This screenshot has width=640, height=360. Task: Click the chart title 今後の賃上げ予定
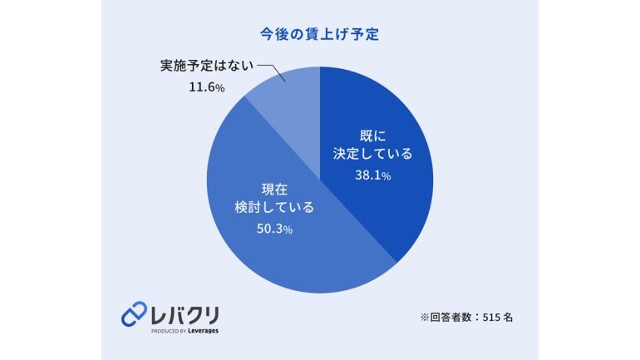coord(320,34)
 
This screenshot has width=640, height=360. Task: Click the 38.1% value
coord(372,175)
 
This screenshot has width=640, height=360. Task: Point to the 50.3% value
coord(274,229)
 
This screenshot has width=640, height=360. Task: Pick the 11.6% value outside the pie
coord(206,87)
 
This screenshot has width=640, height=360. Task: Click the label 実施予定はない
coord(206,66)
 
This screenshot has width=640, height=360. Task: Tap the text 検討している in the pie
coord(274,207)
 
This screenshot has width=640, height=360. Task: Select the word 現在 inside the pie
coord(274,190)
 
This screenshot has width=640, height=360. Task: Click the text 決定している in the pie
coord(372,154)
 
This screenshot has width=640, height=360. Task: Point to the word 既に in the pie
coord(372,136)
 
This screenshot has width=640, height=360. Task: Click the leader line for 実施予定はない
coord(272,72)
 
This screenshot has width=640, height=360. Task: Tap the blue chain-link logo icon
coord(134,314)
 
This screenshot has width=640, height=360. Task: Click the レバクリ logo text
coord(185,315)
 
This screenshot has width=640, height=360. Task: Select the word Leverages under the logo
coord(204,331)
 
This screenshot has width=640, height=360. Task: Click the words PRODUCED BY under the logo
coord(169,331)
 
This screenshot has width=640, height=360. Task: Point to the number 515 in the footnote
coord(490,317)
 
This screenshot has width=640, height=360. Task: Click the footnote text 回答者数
coord(451,317)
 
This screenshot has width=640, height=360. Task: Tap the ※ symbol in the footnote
coord(425,317)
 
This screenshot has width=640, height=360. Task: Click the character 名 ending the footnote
coord(508,317)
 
